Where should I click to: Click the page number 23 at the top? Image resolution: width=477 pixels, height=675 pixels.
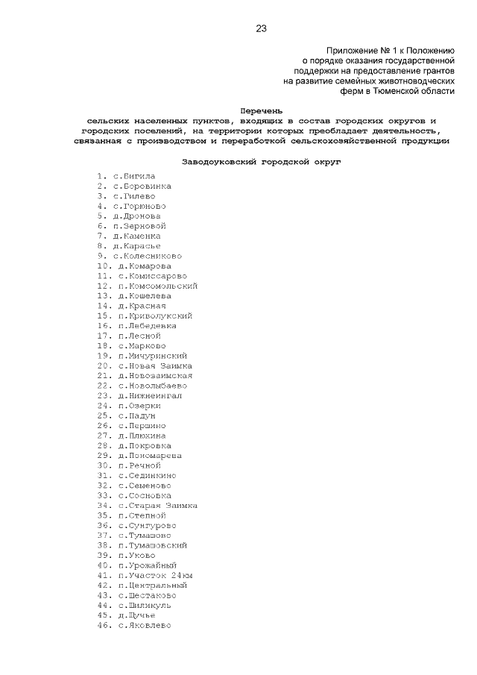click(260, 29)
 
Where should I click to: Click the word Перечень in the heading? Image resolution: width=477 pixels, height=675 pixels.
click(260, 110)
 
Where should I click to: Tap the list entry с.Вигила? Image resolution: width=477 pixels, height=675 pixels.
click(134, 176)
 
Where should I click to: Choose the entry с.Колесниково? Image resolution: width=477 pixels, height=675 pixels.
click(147, 256)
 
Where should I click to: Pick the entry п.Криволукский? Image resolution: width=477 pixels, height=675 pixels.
click(155, 316)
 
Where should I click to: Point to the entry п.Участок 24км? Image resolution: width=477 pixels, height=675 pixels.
click(155, 576)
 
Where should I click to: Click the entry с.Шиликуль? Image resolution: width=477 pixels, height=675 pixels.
click(145, 606)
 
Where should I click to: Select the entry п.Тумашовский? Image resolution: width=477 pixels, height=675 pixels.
click(153, 545)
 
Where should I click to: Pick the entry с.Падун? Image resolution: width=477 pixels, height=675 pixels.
click(136, 416)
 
